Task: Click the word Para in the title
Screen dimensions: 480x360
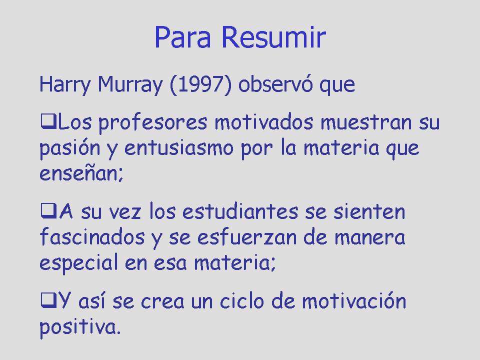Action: tap(183, 37)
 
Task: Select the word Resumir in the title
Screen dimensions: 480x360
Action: tap(273, 37)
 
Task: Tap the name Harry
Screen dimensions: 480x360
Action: tap(65, 84)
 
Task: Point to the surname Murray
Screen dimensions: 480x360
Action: tap(130, 84)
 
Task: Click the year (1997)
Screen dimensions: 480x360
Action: tap(200, 84)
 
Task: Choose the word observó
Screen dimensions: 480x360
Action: tap(275, 84)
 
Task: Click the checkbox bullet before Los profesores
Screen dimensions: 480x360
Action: tap(48, 121)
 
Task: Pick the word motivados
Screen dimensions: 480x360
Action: tap(264, 122)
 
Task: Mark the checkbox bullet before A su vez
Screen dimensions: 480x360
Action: tap(48, 211)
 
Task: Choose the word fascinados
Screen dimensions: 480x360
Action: tap(92, 236)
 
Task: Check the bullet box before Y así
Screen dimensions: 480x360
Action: tap(48, 300)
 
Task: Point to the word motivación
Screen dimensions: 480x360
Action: tap(354, 300)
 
